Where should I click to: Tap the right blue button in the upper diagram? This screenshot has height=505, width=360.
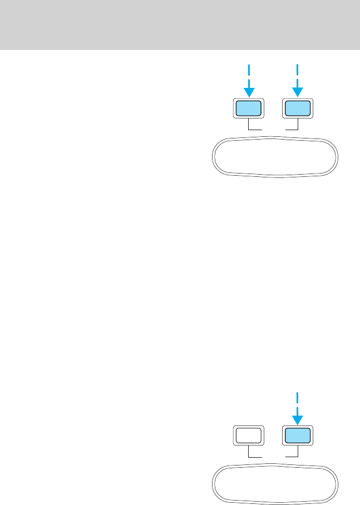pos(297,108)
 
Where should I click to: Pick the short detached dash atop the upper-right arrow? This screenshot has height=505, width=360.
pos(297,69)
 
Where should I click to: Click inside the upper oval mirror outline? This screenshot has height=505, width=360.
pos(274,157)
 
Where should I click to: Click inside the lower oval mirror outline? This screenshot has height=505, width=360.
pos(274,483)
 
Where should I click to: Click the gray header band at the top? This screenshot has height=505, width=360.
pos(180,24)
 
